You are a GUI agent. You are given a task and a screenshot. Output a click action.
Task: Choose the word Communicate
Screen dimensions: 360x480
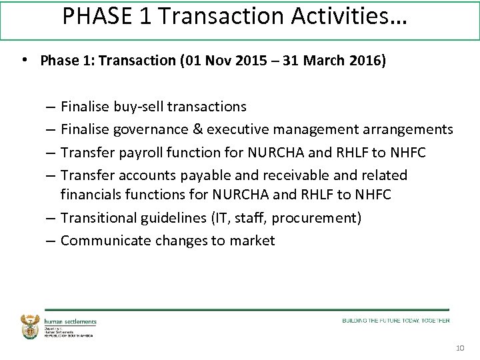pyautogui.click(x=106, y=241)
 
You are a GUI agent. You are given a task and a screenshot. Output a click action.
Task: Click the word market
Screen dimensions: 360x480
pyautogui.click(x=252, y=241)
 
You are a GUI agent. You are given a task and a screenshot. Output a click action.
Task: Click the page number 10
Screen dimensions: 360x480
pyautogui.click(x=459, y=349)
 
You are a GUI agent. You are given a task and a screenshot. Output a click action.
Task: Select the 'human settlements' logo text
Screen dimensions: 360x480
pyautogui.click(x=71, y=321)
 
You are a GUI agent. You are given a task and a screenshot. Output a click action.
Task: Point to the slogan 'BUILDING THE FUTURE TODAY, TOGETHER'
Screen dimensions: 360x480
pyautogui.click(x=396, y=321)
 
